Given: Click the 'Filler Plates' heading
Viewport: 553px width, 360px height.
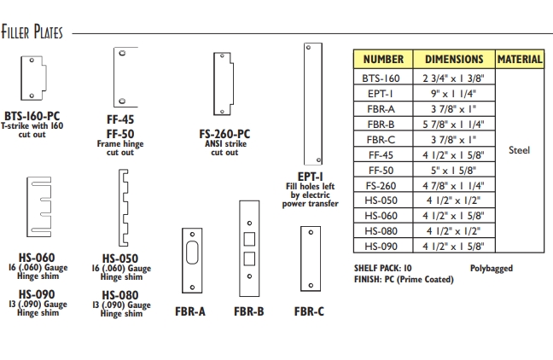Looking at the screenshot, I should [x=32, y=33].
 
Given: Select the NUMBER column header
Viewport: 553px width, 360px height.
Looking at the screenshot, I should [x=383, y=60].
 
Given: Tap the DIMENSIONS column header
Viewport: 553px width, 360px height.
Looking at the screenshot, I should [x=454, y=60].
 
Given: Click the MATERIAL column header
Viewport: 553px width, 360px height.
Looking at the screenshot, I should [x=519, y=60].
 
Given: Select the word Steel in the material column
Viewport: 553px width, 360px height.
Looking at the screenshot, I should [x=519, y=150].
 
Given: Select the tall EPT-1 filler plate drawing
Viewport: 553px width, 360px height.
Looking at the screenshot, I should [x=309, y=106].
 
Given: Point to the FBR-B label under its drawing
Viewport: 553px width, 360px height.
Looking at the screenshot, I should [x=248, y=311].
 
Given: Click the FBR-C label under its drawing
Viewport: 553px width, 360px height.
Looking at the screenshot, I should [x=309, y=311].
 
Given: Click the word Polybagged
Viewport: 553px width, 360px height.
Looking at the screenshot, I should [x=491, y=268].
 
